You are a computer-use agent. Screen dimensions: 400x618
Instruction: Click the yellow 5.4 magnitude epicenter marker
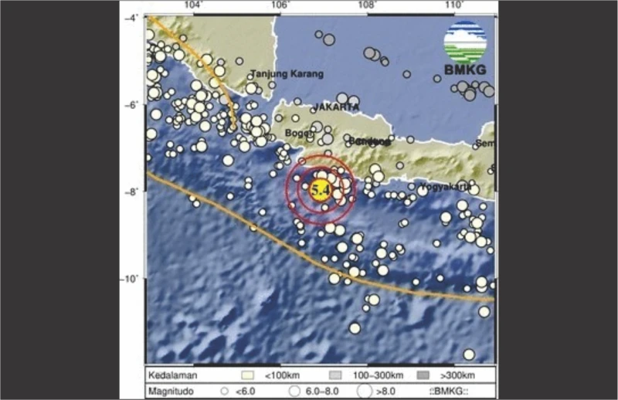[321, 188]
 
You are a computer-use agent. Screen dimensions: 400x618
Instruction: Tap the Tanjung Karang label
[287, 74]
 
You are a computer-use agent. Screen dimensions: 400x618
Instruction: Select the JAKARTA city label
[336, 107]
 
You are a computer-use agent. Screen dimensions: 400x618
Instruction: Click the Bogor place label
[298, 133]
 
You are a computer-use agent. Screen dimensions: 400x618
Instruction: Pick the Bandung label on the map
[368, 141]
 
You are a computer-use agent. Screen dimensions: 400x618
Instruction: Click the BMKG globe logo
[465, 41]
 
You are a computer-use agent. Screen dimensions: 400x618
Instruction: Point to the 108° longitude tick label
[367, 6]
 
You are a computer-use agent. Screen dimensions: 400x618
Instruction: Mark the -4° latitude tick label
[133, 17]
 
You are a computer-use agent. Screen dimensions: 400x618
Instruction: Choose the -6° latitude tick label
[133, 104]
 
